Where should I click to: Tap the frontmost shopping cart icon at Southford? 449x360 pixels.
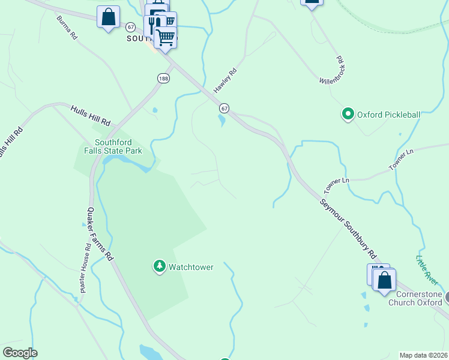[x=165, y=37]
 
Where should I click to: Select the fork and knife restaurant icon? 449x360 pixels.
[x=154, y=25]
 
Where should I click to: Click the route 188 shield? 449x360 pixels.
[x=163, y=78]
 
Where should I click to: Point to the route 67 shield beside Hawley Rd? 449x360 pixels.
[x=224, y=108]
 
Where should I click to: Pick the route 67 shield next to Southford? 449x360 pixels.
[x=130, y=27]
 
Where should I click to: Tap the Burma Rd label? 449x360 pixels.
[x=67, y=28]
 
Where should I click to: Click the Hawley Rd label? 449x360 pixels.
[x=226, y=79]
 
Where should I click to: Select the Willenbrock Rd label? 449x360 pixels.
[x=331, y=70]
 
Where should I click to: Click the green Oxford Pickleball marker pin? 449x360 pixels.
[x=348, y=113]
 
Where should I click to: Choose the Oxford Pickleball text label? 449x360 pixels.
[x=388, y=114]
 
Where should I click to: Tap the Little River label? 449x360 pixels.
[x=427, y=268]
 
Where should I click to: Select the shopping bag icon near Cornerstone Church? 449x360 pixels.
[x=384, y=280]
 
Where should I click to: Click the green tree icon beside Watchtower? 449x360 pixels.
[x=159, y=266]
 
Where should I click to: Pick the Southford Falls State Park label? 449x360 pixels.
[x=114, y=146]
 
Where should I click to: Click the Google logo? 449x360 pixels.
[x=20, y=353]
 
